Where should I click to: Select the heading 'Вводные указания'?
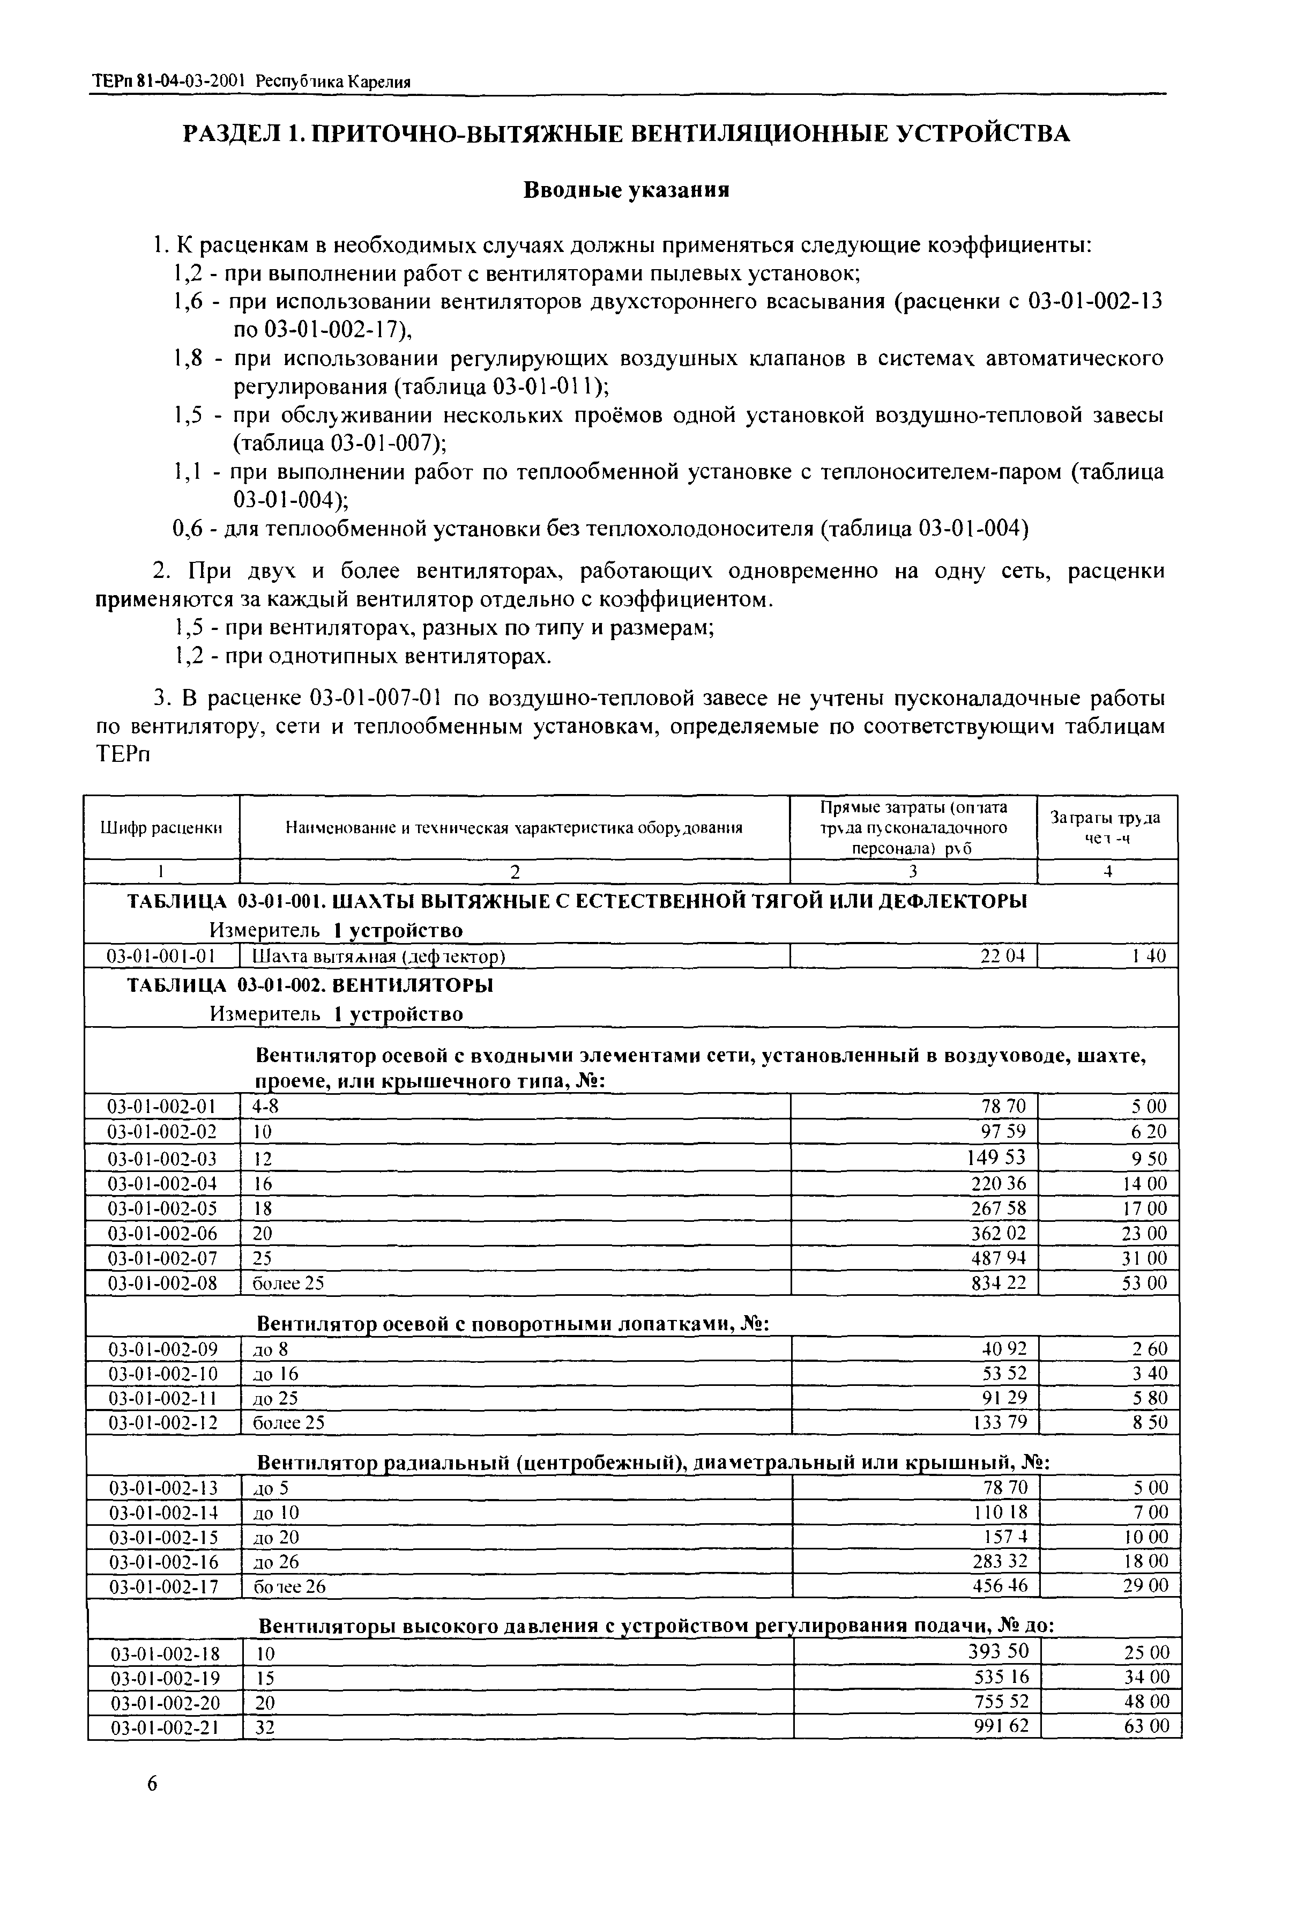coord(627,191)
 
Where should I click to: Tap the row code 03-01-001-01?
coord(162,956)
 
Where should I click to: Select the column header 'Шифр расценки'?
coord(162,828)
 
